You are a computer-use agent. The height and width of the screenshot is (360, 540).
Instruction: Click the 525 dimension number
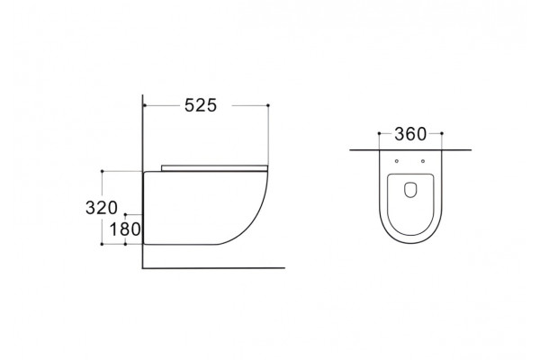pos(201,105)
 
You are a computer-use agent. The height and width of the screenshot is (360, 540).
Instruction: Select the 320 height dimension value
pos(102,208)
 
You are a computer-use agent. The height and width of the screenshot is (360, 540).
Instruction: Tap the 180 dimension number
pos(125,229)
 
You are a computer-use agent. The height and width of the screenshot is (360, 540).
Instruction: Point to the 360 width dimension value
pos(410,134)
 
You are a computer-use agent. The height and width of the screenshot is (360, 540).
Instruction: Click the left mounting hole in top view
pos(397,161)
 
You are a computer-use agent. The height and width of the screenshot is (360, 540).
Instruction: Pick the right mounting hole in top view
pos(423,161)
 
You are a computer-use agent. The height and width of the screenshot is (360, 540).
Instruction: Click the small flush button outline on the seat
pos(410,190)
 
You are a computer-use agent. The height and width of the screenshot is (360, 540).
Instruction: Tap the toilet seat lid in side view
pos(214,168)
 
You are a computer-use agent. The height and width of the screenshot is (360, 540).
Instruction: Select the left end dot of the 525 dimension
pos(145,105)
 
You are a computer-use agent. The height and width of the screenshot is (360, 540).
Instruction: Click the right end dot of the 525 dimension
pos(268,105)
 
